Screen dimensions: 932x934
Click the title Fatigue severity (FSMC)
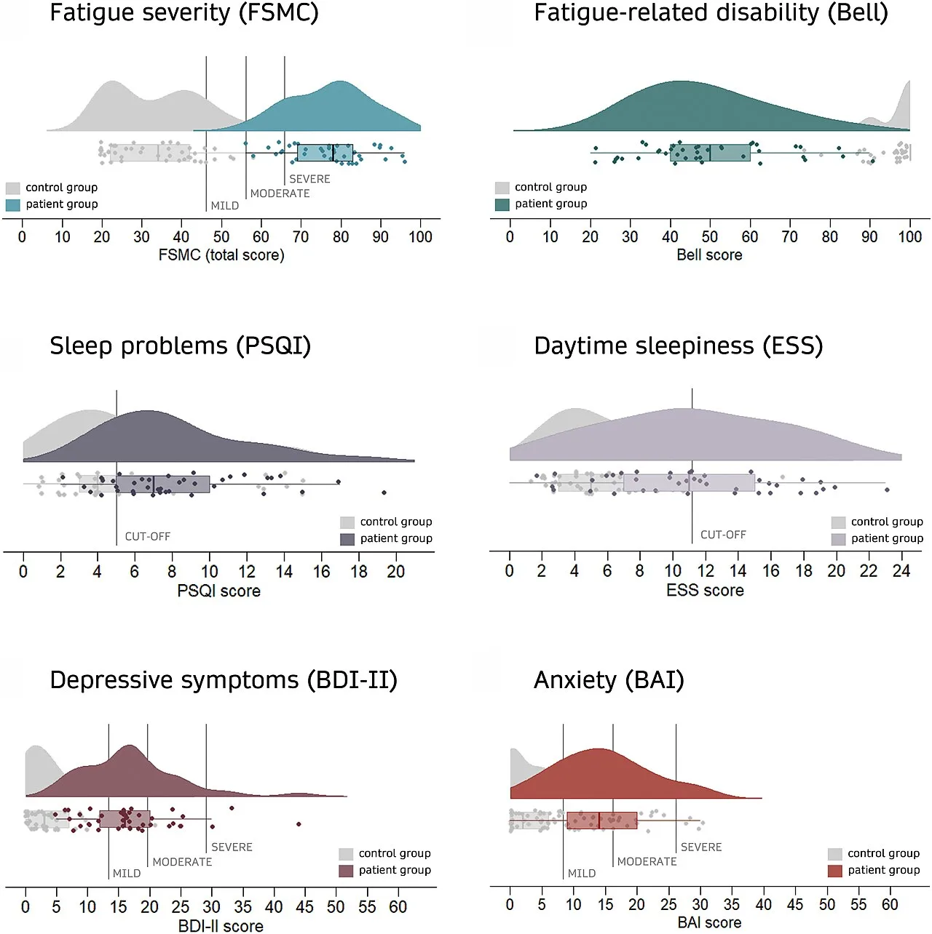(x=184, y=13)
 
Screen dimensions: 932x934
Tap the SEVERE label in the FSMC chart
(x=309, y=179)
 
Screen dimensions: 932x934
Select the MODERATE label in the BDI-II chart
(x=182, y=861)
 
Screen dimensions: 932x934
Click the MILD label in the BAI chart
(x=581, y=873)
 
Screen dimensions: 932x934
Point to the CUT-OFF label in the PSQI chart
(x=148, y=536)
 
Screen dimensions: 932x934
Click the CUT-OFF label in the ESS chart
(x=723, y=534)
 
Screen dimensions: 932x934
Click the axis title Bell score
(x=709, y=255)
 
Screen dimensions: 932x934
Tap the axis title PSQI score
(x=219, y=591)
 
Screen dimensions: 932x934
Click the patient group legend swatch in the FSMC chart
(x=13, y=204)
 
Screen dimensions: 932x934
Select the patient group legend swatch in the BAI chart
(x=835, y=871)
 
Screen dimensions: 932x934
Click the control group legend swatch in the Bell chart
(x=502, y=188)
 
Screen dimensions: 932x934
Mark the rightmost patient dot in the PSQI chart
(x=384, y=492)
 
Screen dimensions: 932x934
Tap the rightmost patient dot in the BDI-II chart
(x=299, y=824)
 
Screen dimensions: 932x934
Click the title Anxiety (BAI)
(x=609, y=680)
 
